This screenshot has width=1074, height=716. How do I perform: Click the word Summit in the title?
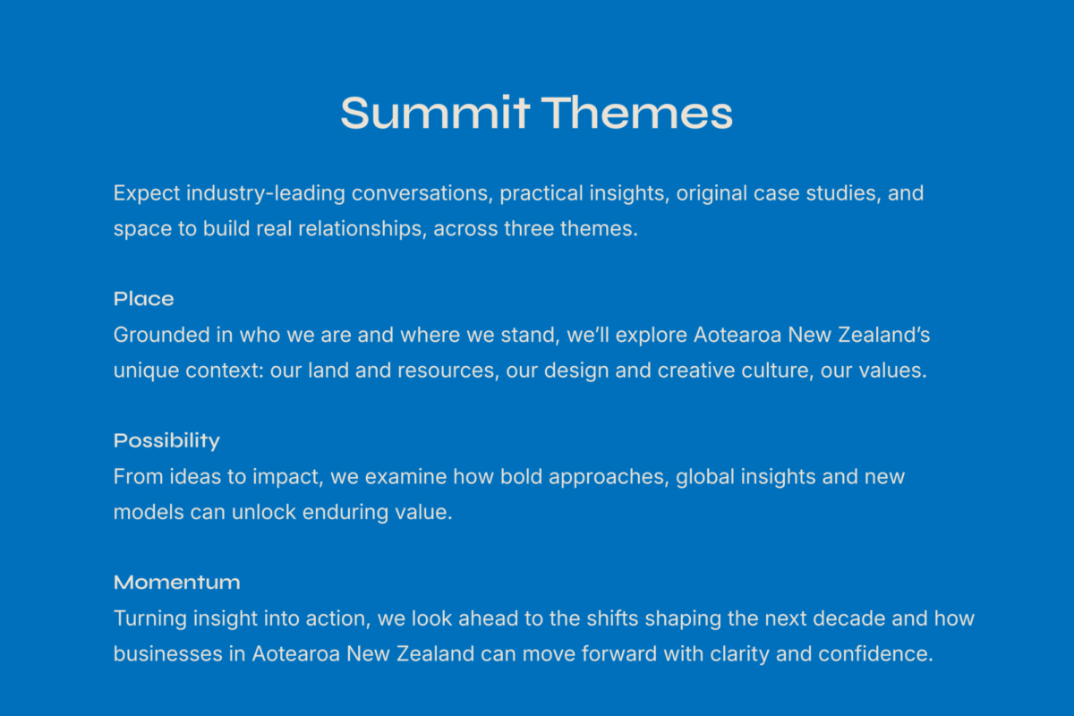pyautogui.click(x=435, y=113)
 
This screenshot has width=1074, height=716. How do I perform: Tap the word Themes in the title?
pyautogui.click(x=637, y=113)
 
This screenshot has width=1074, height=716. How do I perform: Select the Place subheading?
pyautogui.click(x=144, y=299)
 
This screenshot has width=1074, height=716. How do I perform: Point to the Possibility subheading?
pyautogui.click(x=166, y=440)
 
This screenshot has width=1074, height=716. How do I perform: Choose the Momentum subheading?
pyautogui.click(x=177, y=583)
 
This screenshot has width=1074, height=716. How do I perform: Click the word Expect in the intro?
pyautogui.click(x=147, y=193)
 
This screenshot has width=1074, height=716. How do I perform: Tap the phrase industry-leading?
pyautogui.click(x=266, y=193)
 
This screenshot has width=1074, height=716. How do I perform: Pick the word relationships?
pyautogui.click(x=362, y=229)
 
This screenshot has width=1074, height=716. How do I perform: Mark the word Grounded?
pyautogui.click(x=162, y=335)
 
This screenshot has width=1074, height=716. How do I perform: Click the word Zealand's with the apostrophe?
pyautogui.click(x=884, y=335)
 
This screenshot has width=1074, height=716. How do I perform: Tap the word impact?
pyautogui.click(x=288, y=477)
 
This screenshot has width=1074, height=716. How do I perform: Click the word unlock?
pyautogui.click(x=264, y=512)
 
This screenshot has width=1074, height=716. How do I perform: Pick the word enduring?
pyautogui.click(x=345, y=512)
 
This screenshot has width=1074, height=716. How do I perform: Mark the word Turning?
pyautogui.click(x=150, y=618)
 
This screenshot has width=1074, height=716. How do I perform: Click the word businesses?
pyautogui.click(x=168, y=654)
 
